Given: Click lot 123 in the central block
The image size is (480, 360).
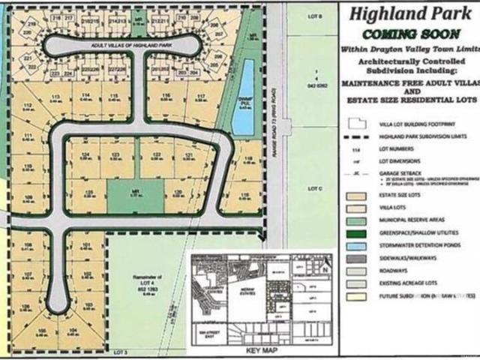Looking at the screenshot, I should (116, 155).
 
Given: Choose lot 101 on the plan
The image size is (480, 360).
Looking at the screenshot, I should (86, 245).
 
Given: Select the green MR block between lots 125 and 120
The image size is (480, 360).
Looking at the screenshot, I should (136, 194).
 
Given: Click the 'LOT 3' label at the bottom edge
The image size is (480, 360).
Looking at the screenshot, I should (121, 350).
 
